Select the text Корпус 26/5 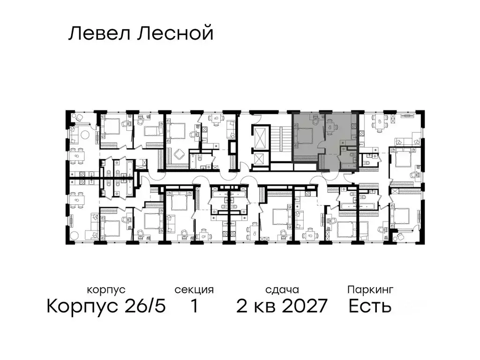click(106, 307)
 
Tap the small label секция click(194, 290)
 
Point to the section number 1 click(194, 307)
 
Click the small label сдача click(281, 290)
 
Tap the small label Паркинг click(370, 290)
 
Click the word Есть click(370, 307)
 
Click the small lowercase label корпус click(106, 290)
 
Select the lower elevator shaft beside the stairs click(259, 160)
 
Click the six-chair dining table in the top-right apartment click(379, 122)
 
